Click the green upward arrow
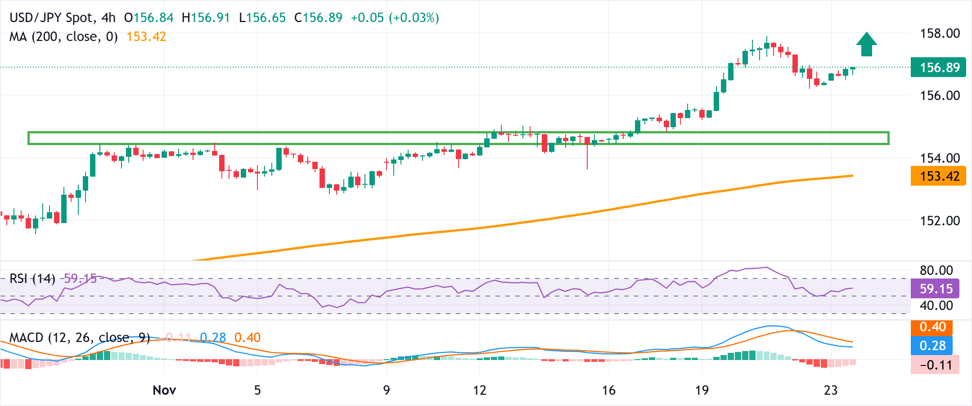tap(866, 45)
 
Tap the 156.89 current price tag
tap(938, 68)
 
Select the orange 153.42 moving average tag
tap(938, 176)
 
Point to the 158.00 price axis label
tap(940, 33)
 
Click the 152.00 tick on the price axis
tap(940, 221)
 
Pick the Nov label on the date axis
tap(164, 390)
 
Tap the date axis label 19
tap(702, 390)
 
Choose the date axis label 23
tap(831, 390)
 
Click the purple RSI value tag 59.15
tap(935, 289)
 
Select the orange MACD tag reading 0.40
tap(932, 327)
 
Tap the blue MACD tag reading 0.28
tap(932, 346)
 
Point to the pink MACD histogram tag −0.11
tap(935, 365)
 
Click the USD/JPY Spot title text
tap(52, 18)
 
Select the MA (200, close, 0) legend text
tap(63, 37)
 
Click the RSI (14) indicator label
tap(32, 279)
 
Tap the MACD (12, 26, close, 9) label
tap(80, 338)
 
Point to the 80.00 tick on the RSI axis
tap(936, 270)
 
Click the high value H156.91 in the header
tap(206, 18)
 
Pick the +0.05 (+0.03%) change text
tap(395, 18)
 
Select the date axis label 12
tap(480, 390)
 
